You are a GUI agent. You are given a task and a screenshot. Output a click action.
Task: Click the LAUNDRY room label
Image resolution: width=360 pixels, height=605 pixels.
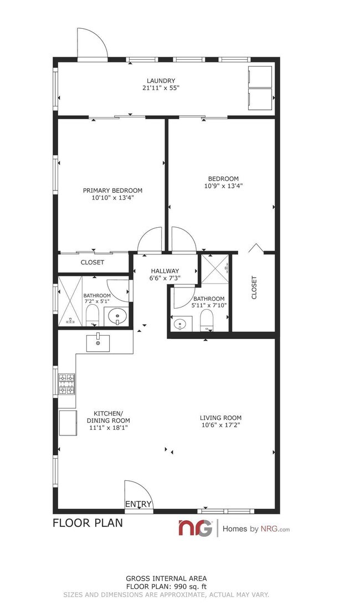coord(161,80)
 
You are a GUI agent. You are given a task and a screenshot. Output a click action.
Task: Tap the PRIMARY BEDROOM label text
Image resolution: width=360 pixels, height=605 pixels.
coord(112,190)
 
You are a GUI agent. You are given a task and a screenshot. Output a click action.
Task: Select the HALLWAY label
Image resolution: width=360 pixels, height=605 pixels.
coord(164,271)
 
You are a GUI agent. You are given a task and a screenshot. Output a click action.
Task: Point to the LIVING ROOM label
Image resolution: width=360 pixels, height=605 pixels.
coord(220,418)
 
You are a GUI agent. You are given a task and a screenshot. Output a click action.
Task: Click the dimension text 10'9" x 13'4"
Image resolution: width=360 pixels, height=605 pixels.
coord(223,186)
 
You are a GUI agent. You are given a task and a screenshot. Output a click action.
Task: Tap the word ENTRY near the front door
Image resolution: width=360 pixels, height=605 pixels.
coord(138,504)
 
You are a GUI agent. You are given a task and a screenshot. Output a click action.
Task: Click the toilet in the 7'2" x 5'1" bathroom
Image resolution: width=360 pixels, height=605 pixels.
coord(92,316)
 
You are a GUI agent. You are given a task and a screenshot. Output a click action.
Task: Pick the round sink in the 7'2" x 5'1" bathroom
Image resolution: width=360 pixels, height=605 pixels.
coord(117,317)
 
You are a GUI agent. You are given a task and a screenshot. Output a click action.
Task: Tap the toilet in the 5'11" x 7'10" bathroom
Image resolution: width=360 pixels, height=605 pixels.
coord(207,320)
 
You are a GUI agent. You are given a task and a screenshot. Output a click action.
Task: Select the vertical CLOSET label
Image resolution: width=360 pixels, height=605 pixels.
coord(254,288)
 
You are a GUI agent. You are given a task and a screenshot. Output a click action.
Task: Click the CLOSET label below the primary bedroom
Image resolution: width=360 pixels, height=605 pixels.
coord(92,262)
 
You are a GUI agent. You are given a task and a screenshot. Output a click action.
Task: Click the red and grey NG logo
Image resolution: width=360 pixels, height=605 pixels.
coord(195,528)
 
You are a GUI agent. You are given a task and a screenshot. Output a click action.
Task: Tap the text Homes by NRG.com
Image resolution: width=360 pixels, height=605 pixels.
coord(256,529)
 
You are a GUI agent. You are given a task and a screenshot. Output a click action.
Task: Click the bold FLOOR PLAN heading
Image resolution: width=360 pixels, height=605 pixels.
coord(88,522)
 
